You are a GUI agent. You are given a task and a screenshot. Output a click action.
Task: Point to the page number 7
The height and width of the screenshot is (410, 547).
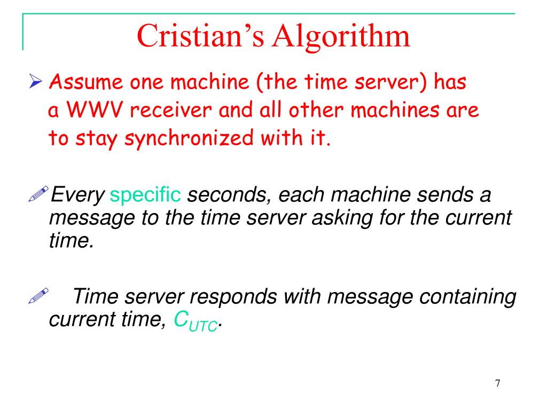click(x=497, y=383)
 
